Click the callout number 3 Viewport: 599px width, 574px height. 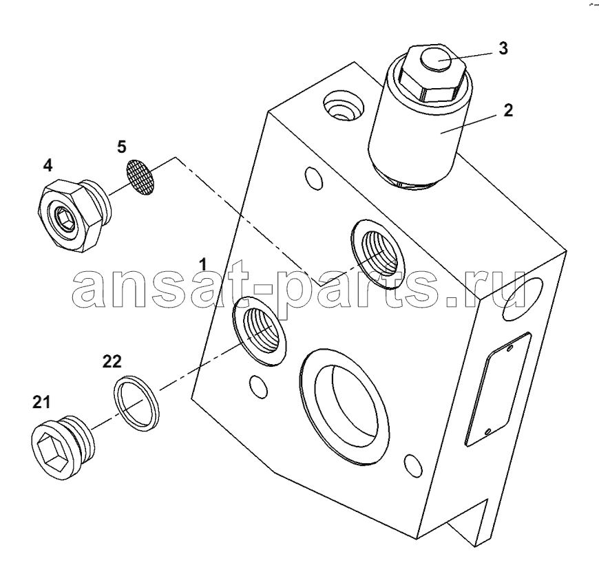tap(503, 48)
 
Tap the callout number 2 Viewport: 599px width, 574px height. tap(507, 110)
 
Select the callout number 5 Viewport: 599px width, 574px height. tap(121, 147)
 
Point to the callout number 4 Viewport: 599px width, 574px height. tap(48, 165)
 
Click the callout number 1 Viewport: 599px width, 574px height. tap(203, 264)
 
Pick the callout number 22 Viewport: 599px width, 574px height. tap(112, 361)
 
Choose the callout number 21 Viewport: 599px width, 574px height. tap(41, 402)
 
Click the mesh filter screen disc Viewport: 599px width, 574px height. tap(140, 178)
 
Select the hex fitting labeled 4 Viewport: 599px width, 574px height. tap(75, 215)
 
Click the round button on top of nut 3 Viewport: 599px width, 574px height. tap(437, 60)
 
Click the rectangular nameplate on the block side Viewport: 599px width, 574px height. tap(497, 389)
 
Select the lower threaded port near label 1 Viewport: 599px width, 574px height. tap(260, 331)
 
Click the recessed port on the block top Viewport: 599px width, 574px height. tap(343, 105)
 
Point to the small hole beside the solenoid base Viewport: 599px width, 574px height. tap(313, 178)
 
